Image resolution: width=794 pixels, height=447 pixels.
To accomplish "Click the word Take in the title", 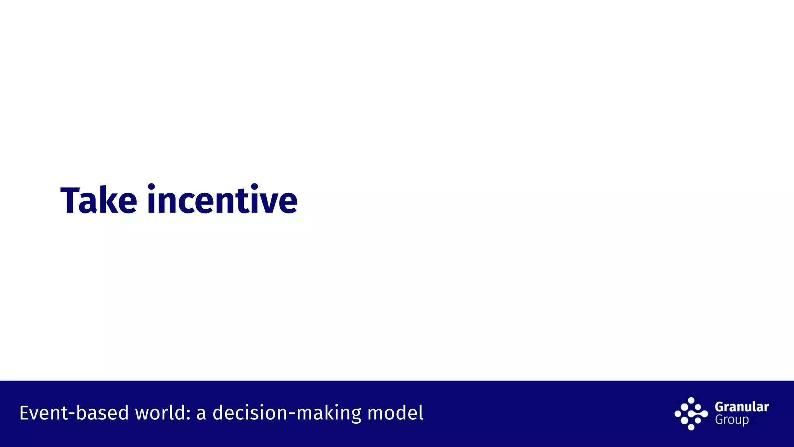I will coord(99,201).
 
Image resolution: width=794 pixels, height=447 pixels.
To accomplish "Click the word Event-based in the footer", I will coord(74,413).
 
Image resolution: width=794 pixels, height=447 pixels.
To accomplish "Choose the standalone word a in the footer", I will coord(201,414).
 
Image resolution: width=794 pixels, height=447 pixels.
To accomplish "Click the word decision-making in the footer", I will coord(287,413).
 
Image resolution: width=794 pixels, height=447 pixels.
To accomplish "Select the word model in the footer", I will coord(395,413).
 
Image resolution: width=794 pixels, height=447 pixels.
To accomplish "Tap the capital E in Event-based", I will coord(24,413).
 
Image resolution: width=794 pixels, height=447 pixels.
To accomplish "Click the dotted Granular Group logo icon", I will coord(691,414).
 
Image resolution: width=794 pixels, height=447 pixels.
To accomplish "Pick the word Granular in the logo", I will coord(742,407).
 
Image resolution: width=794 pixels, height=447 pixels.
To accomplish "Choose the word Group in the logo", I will coord(732,420).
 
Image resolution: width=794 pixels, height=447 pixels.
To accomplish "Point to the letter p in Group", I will coord(745,421).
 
